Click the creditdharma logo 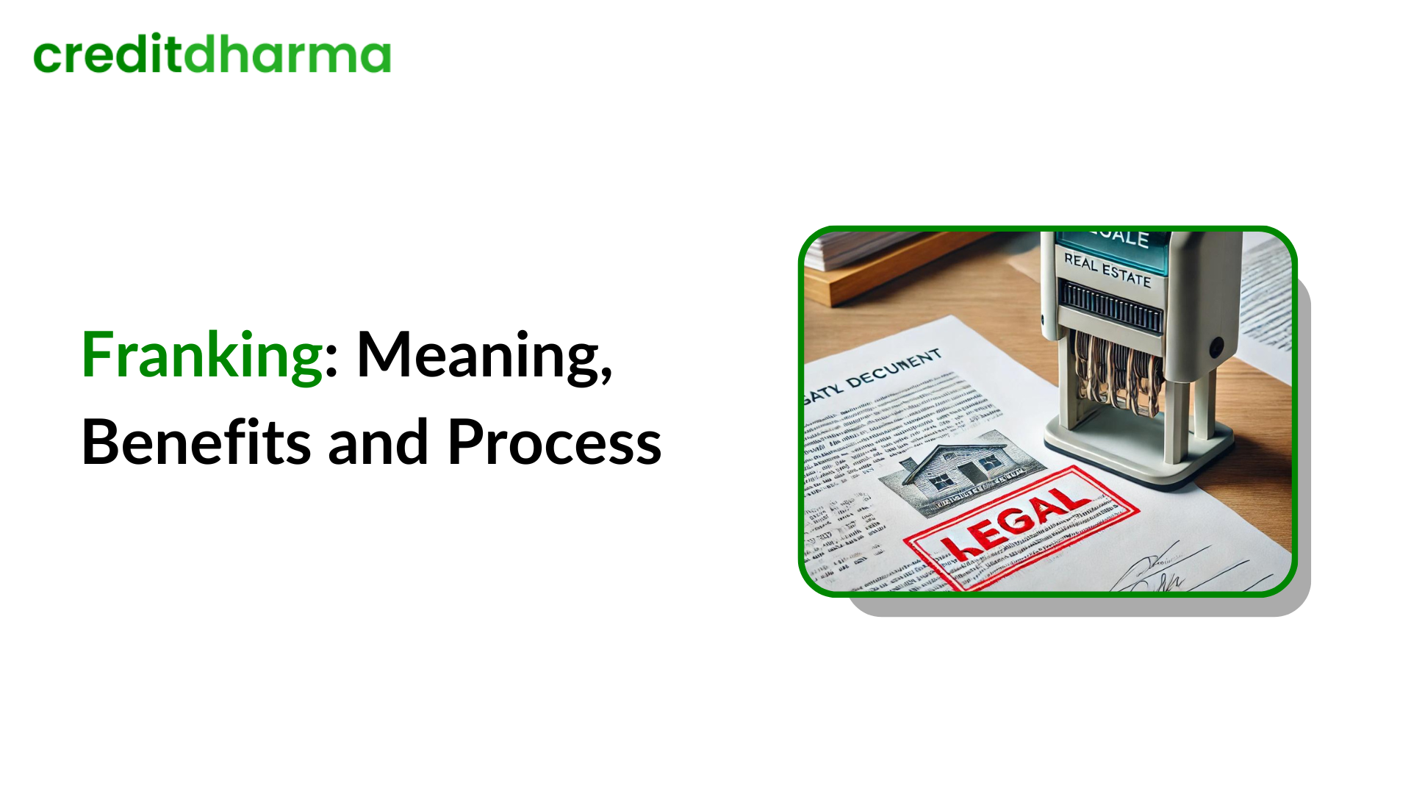(212, 55)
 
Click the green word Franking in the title (201, 356)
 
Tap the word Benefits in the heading (195, 443)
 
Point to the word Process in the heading (554, 443)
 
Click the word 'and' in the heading (378, 443)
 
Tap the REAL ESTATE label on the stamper (1107, 270)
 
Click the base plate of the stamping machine (1139, 456)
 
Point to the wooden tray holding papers (882, 279)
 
